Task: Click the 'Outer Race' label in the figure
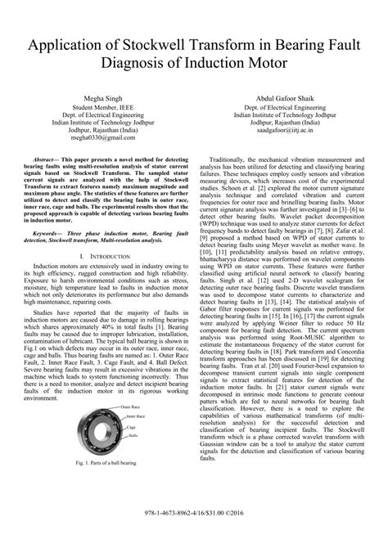pos(133,407)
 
